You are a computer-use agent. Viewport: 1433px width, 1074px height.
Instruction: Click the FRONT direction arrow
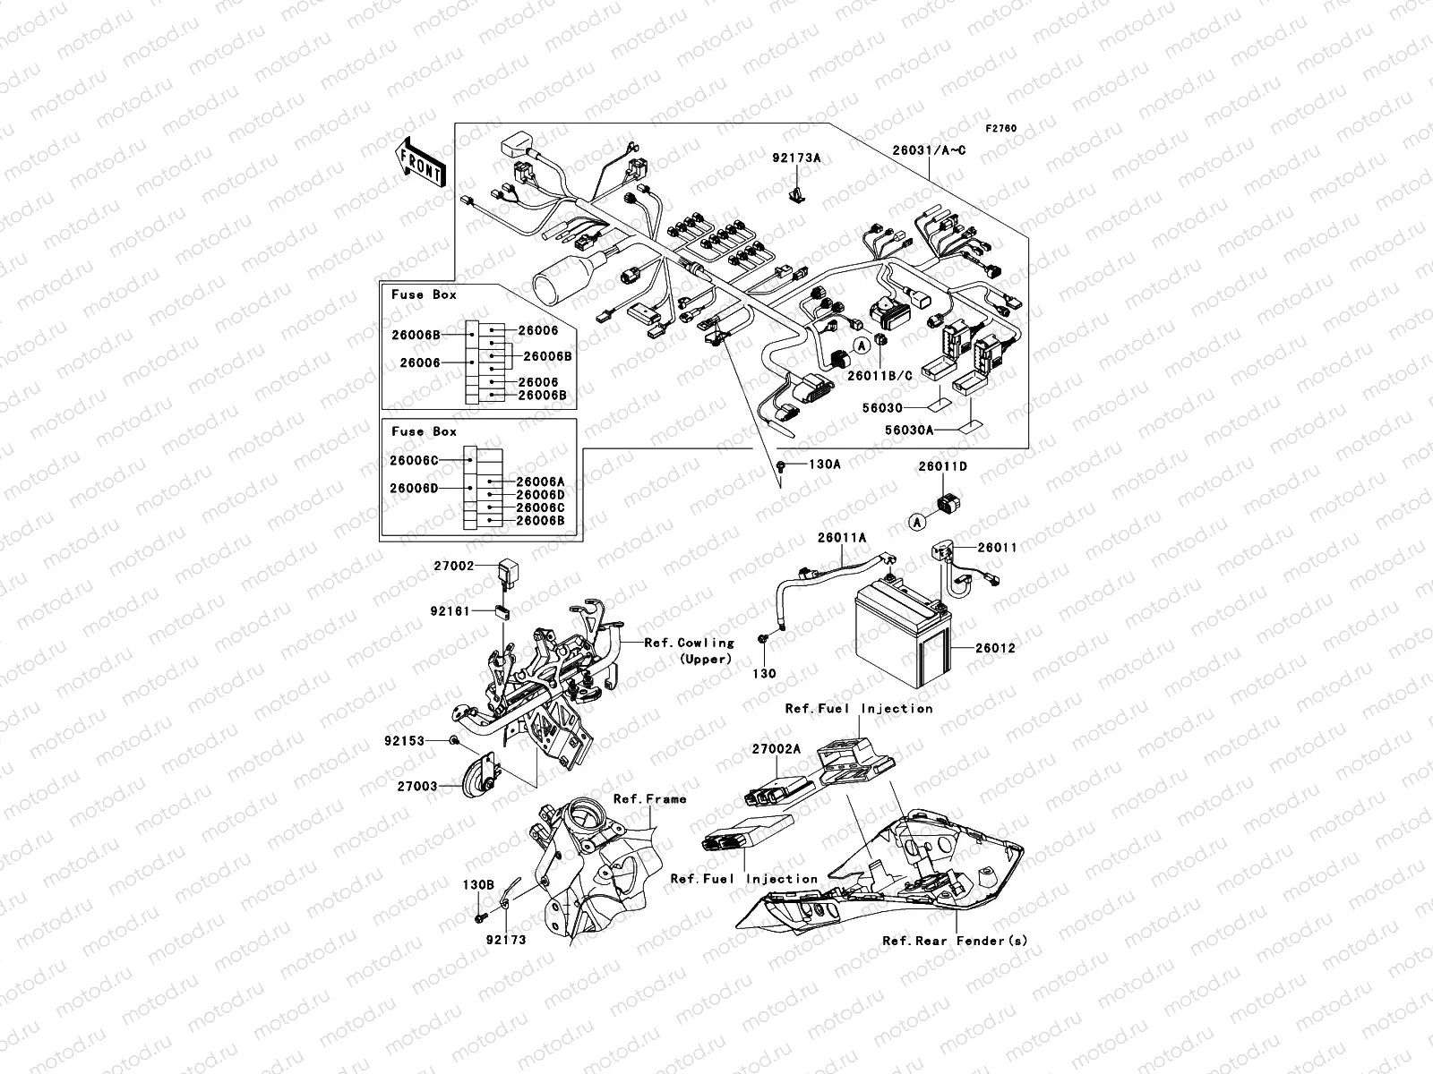[420, 162]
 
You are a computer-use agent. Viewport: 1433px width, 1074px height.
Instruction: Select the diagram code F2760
[1001, 129]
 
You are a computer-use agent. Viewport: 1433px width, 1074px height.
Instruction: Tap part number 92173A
[796, 158]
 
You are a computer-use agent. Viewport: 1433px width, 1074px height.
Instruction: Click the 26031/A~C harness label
[954, 151]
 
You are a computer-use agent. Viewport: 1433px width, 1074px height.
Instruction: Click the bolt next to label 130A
[782, 465]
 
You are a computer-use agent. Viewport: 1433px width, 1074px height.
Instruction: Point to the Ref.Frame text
[649, 798]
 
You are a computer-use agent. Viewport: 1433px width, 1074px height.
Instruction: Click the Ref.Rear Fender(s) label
[955, 941]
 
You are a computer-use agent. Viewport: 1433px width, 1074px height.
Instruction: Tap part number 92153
[404, 741]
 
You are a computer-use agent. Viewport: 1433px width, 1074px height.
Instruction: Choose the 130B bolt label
[478, 884]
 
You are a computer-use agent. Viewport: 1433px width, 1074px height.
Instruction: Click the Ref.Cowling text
[689, 643]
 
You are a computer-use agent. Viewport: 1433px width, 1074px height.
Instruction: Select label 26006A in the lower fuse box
[540, 482]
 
